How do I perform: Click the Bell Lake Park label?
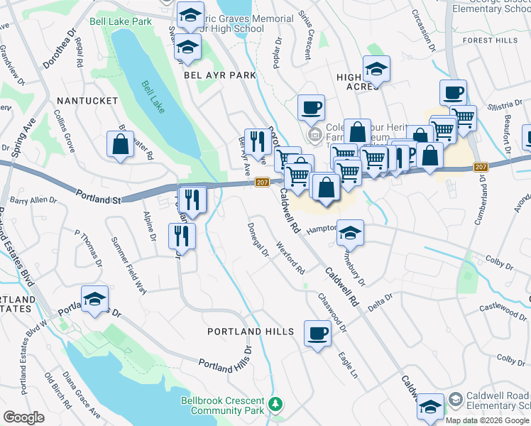coord(121,22)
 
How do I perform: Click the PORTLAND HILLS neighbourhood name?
coord(251,332)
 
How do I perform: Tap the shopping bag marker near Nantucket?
coord(121,144)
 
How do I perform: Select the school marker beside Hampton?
coord(350,233)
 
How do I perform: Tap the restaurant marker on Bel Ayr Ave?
coord(256,141)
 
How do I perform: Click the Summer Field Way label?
coord(128,265)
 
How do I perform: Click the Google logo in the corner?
coord(23,417)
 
